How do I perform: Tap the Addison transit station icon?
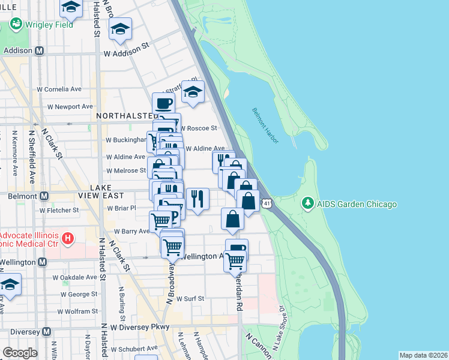pos(40,51)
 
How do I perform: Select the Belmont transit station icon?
pos(44,196)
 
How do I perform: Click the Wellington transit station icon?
pos(42,262)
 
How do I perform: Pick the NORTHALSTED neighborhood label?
pos(125,115)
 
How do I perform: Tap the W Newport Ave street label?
pos(70,106)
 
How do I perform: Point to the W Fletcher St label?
pos(59,210)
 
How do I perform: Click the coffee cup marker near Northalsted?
pos(163,103)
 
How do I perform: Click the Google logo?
pos(20,353)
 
